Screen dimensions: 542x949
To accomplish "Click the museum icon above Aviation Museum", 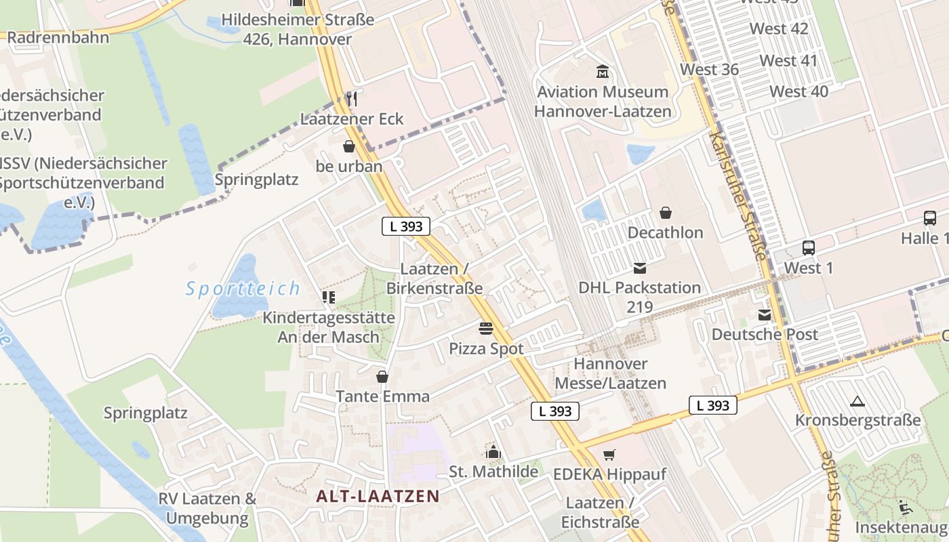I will (602, 71).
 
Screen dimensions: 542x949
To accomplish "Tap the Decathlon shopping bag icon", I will (666, 213).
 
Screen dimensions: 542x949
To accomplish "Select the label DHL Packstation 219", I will (639, 297).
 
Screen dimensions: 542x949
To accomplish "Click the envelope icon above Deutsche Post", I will (765, 315).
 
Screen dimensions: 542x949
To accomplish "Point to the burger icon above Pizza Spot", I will (486, 329).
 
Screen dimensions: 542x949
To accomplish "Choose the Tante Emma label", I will (383, 396).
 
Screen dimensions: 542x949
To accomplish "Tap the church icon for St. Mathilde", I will (493, 452).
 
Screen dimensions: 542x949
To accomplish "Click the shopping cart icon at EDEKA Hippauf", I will (609, 455).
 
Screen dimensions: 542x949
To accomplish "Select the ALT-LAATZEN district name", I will (378, 496).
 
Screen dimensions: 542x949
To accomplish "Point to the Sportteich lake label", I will (243, 289).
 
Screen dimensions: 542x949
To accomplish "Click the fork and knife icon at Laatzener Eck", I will (351, 99).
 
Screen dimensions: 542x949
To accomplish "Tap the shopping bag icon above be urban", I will (349, 146).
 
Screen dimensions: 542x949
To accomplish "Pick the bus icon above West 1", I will (808, 248).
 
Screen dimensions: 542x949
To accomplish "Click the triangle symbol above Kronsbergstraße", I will (857, 401).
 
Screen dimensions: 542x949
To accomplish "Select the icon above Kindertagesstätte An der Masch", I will (329, 297).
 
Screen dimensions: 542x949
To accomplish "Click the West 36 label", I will (709, 70).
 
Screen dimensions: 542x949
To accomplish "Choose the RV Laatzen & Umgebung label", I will (207, 509).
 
